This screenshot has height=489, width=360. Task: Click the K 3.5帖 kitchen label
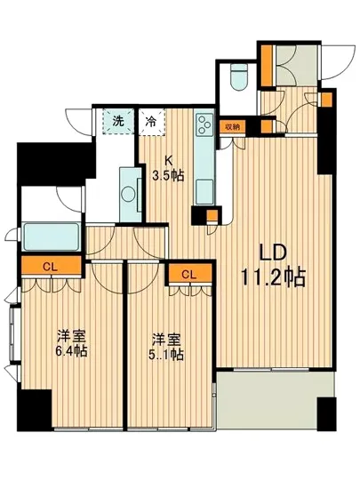coord(166,166)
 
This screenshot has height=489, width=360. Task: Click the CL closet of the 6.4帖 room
coord(50,265)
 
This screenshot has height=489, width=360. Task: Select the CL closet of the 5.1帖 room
coord(188,275)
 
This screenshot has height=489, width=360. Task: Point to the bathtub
coord(51,236)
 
